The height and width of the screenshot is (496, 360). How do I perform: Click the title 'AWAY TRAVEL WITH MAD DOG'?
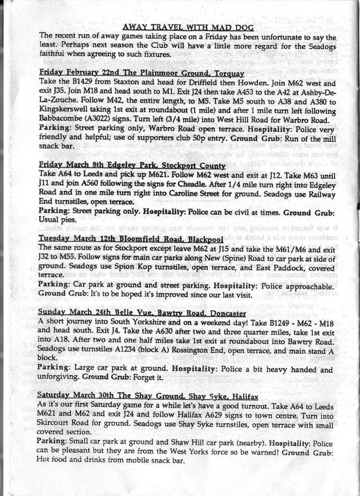(188, 27)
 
